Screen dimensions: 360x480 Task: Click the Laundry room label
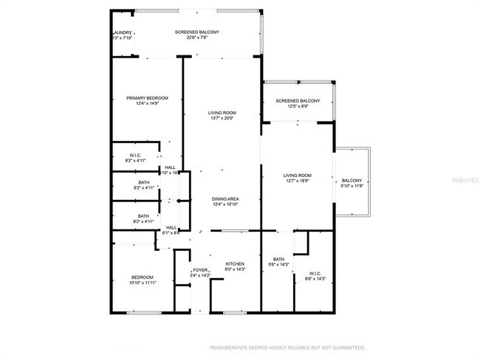[122, 32]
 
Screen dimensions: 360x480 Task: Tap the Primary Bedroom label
[147, 98]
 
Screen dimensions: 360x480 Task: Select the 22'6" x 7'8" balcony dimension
[196, 38]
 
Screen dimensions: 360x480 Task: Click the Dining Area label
[224, 198]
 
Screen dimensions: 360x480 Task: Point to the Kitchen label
[235, 264]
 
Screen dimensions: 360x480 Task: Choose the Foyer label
[200, 271]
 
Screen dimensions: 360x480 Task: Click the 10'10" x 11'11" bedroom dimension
[143, 283]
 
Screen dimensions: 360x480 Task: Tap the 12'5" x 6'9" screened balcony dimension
[298, 107]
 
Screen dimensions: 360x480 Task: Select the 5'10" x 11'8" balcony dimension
[351, 187]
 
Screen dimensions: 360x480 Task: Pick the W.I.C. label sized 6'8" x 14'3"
[315, 273]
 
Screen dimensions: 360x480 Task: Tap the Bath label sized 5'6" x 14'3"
[278, 259]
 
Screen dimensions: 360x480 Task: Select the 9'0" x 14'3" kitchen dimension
[235, 270]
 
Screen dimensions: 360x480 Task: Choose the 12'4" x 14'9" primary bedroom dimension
[147, 104]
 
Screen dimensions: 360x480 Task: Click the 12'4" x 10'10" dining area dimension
[224, 204]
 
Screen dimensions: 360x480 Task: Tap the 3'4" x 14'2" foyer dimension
[200, 277]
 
